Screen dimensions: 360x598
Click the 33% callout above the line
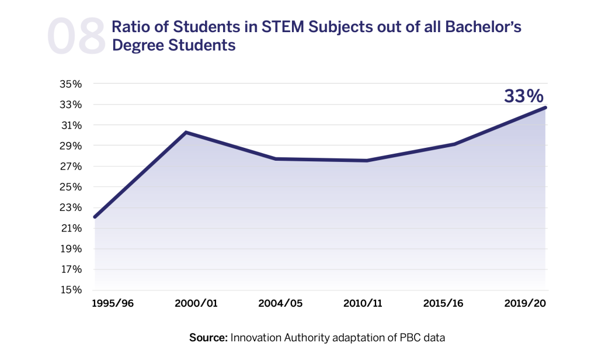pyautogui.click(x=524, y=96)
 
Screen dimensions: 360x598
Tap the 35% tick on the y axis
pyautogui.click(x=71, y=84)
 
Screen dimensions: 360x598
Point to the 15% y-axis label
pyautogui.click(x=71, y=290)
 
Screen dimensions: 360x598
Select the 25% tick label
pyautogui.click(x=71, y=188)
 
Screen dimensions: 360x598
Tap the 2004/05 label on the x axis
pyautogui.click(x=280, y=304)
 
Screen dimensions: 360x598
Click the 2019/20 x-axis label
pyautogui.click(x=526, y=304)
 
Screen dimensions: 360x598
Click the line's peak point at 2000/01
pyautogui.click(x=186, y=132)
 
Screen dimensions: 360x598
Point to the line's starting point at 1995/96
pyautogui.click(x=94, y=217)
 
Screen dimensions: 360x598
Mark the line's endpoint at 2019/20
pyautogui.click(x=545, y=108)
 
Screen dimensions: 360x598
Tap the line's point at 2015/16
pyautogui.click(x=454, y=144)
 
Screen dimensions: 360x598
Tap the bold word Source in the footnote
pyautogui.click(x=207, y=337)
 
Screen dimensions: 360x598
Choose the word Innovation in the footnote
pyautogui.click(x=256, y=337)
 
